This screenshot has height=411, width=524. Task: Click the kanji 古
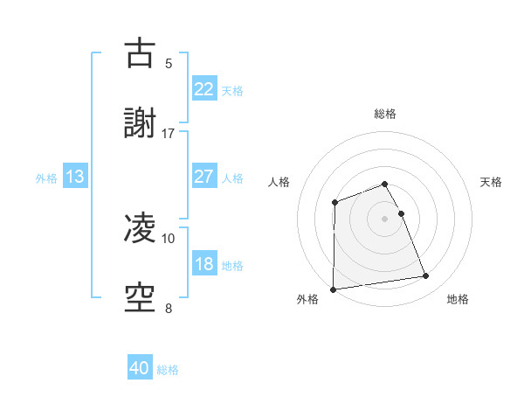[141, 53]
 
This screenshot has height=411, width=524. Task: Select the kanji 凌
[141, 228]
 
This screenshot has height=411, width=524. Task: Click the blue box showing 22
[204, 89]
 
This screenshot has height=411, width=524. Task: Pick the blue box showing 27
[204, 177]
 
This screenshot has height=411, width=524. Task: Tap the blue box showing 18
[204, 264]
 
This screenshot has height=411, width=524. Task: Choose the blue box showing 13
[75, 177]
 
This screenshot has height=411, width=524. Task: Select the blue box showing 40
[140, 368]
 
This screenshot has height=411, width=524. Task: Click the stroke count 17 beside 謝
[169, 134]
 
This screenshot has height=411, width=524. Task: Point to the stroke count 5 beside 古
[169, 64]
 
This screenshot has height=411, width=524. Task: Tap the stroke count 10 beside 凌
[169, 238]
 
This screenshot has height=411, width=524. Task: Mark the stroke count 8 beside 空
[169, 308]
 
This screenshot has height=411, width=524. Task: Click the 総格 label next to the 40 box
[169, 370]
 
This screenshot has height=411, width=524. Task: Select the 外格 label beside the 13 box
[46, 178]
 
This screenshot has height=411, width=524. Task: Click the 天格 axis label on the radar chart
[492, 182]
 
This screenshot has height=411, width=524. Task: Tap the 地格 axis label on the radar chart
[458, 300]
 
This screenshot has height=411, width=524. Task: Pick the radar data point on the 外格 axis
[333, 289]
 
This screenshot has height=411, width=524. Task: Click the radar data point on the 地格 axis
[426, 276]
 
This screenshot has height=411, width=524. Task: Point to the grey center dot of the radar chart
[385, 219]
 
